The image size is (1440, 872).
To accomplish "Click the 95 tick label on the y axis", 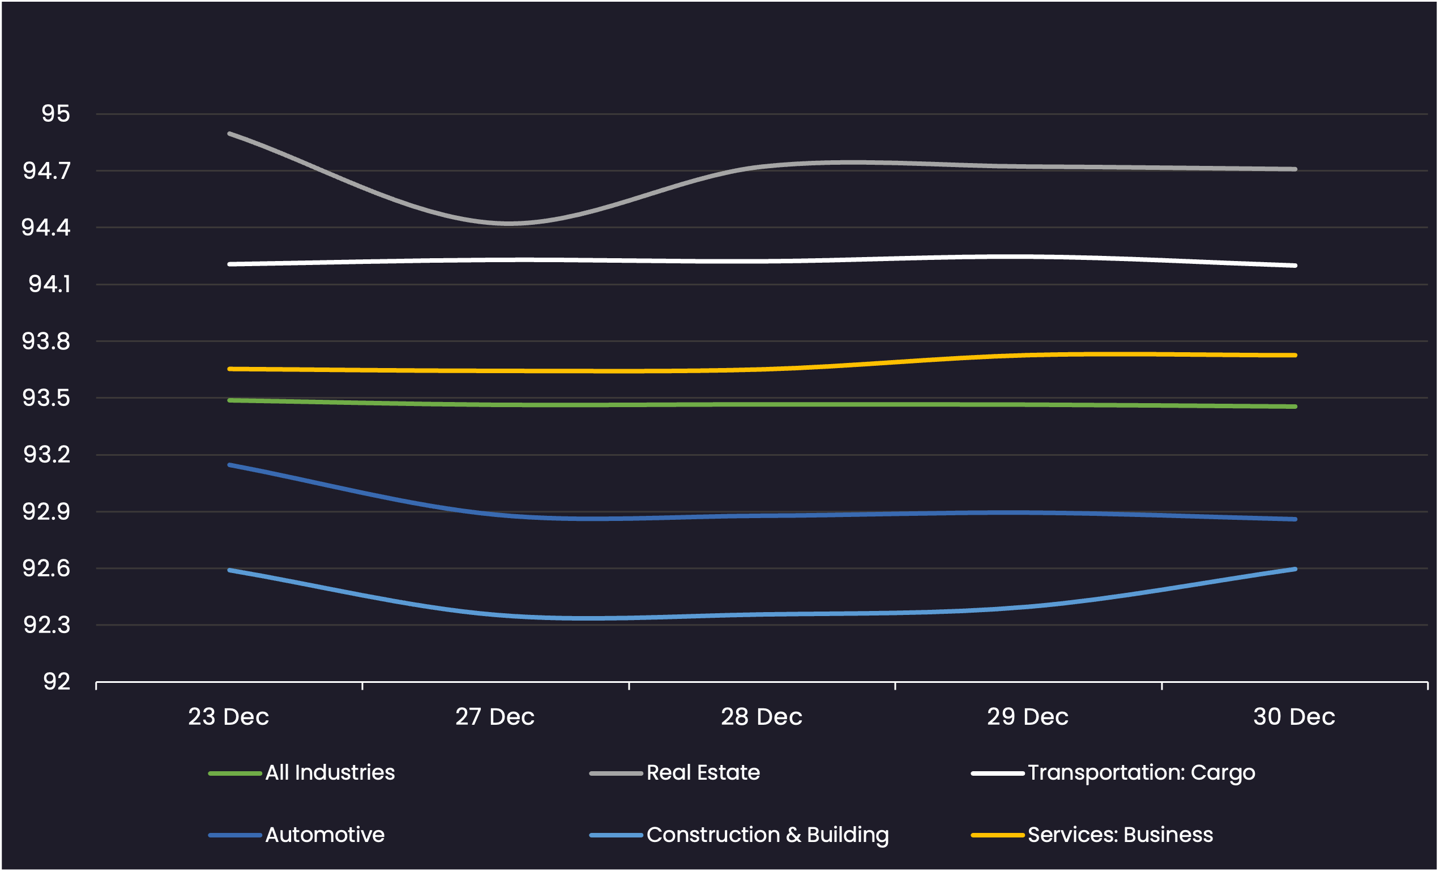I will (x=55, y=113).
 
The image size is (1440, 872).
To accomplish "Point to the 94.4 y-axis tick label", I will (x=46, y=228).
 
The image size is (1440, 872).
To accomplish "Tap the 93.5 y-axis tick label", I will (x=46, y=398).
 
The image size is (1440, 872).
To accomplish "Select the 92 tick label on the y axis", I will (x=57, y=682).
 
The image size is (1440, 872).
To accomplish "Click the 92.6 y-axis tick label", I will (x=46, y=568).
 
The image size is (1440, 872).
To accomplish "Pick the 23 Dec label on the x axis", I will (x=229, y=716).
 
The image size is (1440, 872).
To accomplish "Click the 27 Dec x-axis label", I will (x=495, y=716).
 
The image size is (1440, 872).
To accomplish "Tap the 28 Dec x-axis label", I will (x=762, y=716).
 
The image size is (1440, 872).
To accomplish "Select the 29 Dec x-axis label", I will (x=1028, y=716).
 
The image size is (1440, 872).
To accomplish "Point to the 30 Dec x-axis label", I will (x=1294, y=716).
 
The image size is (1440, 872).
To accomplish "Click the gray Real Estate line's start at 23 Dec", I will (x=229, y=134).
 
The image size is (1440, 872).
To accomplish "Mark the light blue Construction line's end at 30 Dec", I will (x=1295, y=569).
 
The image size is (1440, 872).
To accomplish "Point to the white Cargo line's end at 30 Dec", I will (x=1295, y=266).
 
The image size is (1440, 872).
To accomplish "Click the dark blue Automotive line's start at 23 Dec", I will (x=229, y=465).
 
